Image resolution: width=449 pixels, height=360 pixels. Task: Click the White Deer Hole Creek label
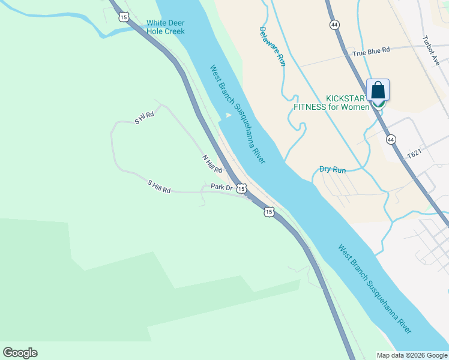point(166,27)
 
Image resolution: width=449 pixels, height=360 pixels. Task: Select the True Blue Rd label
point(371,52)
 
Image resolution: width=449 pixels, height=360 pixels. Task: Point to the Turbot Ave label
point(431,50)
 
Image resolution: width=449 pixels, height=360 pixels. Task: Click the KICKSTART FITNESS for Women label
point(331,103)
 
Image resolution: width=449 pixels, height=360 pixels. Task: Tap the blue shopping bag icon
point(378,90)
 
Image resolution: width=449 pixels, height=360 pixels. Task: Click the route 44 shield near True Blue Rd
point(334,24)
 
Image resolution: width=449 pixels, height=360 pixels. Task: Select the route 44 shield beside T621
point(391,139)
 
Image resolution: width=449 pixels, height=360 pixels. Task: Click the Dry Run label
point(333,170)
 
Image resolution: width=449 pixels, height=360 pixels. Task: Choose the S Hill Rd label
point(159,186)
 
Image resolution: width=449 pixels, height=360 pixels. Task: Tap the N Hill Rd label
point(212,164)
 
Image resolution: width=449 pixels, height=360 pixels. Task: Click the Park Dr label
point(221,187)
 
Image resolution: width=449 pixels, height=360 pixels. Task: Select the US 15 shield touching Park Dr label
point(241,188)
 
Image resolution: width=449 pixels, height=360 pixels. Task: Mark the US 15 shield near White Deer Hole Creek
point(124,17)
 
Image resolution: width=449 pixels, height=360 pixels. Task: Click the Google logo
point(20,353)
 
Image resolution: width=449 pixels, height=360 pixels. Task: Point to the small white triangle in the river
point(228,115)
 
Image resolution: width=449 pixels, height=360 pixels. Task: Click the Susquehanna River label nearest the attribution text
point(375,289)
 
